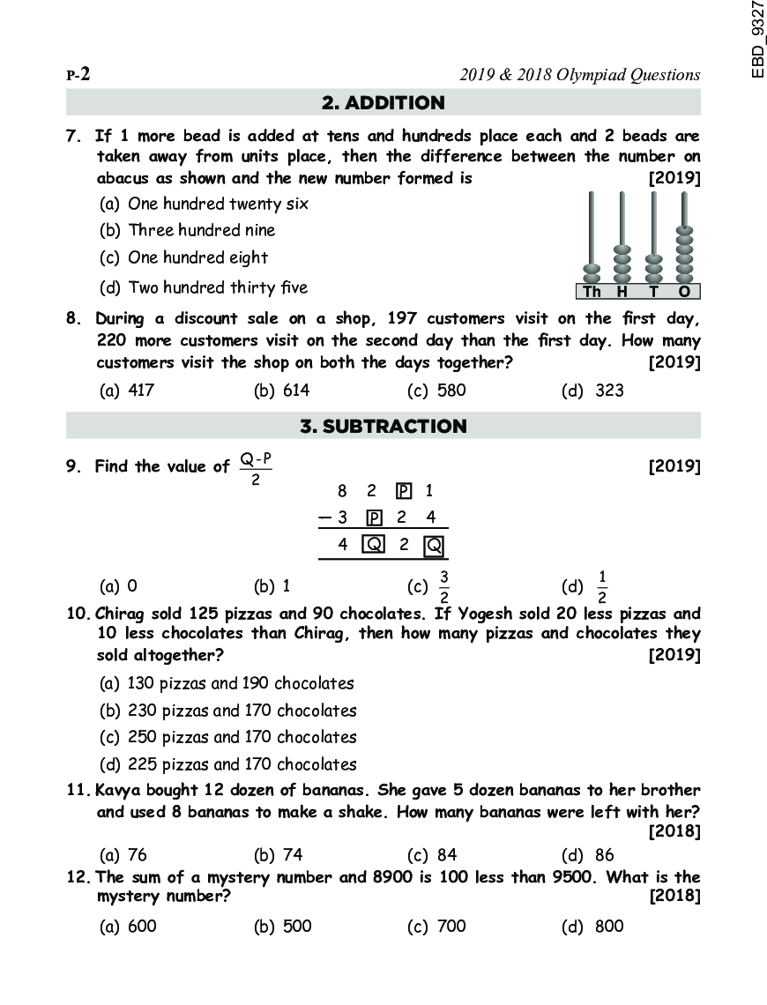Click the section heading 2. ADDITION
coord(383,103)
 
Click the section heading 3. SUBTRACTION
coord(383,427)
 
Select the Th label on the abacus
coord(592,292)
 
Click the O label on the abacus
coord(684,292)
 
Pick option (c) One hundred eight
coord(197,258)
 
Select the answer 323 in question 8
coord(609,391)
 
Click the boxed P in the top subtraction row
coord(404,491)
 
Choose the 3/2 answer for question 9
coord(444,585)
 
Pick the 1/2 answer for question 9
coord(602,585)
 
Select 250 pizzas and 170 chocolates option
coord(242,737)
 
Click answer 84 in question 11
coord(446,854)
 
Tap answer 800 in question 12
coord(608,927)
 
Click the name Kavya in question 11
coord(116,790)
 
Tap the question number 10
coord(78,614)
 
